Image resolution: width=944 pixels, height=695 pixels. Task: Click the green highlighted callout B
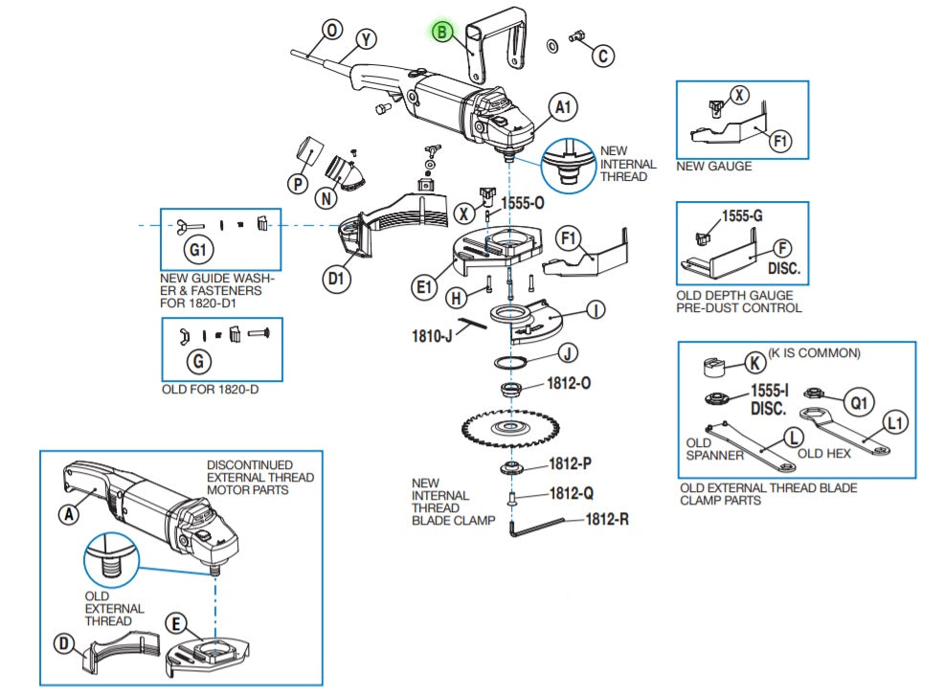(441, 33)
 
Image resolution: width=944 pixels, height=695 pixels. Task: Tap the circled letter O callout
(332, 30)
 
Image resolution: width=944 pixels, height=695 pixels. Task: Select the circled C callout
(601, 56)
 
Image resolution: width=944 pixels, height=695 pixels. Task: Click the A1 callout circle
(563, 107)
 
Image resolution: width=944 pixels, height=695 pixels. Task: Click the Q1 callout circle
(860, 402)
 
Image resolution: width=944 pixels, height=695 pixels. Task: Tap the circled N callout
(327, 199)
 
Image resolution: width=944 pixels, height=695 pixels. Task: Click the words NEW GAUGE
(713, 166)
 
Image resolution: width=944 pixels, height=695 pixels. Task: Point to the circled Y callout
(365, 39)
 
